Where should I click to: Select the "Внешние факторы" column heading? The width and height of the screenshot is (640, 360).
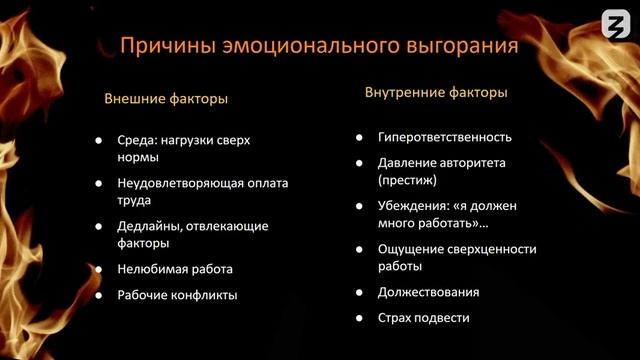click(x=166, y=99)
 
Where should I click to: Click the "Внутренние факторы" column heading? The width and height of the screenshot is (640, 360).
click(x=435, y=92)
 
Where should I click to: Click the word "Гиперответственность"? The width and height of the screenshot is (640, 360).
click(x=445, y=137)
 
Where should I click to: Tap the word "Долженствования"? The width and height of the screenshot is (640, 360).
click(x=428, y=292)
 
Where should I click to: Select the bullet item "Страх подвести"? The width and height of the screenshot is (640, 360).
click(x=424, y=318)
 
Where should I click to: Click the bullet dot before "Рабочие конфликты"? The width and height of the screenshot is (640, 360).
click(x=98, y=295)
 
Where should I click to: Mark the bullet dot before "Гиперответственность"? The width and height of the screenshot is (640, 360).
click(x=358, y=137)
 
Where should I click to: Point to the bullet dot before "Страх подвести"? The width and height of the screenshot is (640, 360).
click(x=358, y=318)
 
